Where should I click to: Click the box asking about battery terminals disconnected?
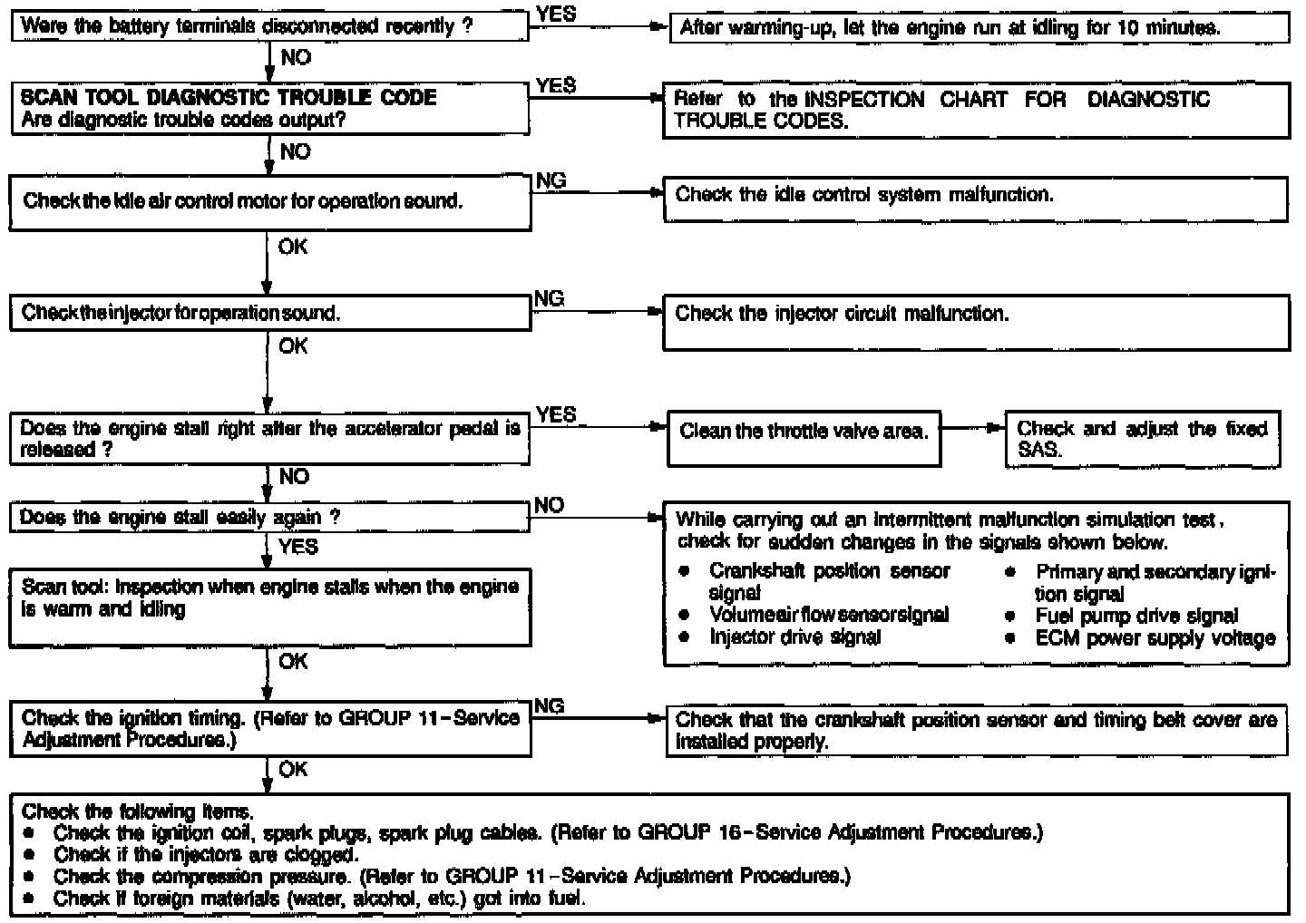(268, 26)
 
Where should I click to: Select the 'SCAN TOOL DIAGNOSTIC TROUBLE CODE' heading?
(228, 97)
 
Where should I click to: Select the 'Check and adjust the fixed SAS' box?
(1142, 439)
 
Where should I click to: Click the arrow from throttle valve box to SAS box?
(973, 427)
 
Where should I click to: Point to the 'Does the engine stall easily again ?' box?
(268, 518)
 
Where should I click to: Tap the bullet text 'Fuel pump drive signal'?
(1136, 617)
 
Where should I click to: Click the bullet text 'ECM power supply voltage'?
(1155, 638)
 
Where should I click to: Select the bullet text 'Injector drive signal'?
(794, 637)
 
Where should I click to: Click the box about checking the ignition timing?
(270, 730)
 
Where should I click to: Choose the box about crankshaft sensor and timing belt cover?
(975, 731)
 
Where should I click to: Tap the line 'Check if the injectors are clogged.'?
(206, 854)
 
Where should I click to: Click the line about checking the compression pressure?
(452, 876)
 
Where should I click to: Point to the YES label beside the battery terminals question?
(555, 14)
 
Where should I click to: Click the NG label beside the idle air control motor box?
(551, 180)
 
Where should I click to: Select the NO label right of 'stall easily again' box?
(548, 506)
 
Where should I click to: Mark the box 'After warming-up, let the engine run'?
(978, 28)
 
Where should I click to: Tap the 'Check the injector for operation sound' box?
(270, 314)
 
